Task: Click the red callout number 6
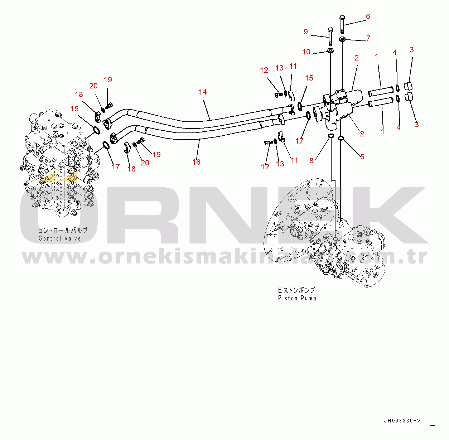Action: point(368,16)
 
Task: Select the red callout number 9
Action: point(306,32)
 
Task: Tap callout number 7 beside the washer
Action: point(368,38)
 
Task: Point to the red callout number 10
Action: point(306,52)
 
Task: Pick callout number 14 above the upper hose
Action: point(203,92)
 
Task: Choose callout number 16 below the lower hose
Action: point(196,162)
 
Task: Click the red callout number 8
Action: point(311,161)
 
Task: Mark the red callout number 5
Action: point(362,156)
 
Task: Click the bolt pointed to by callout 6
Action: point(342,24)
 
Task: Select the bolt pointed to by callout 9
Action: point(330,37)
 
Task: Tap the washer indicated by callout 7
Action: point(342,39)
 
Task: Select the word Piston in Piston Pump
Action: point(288,298)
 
